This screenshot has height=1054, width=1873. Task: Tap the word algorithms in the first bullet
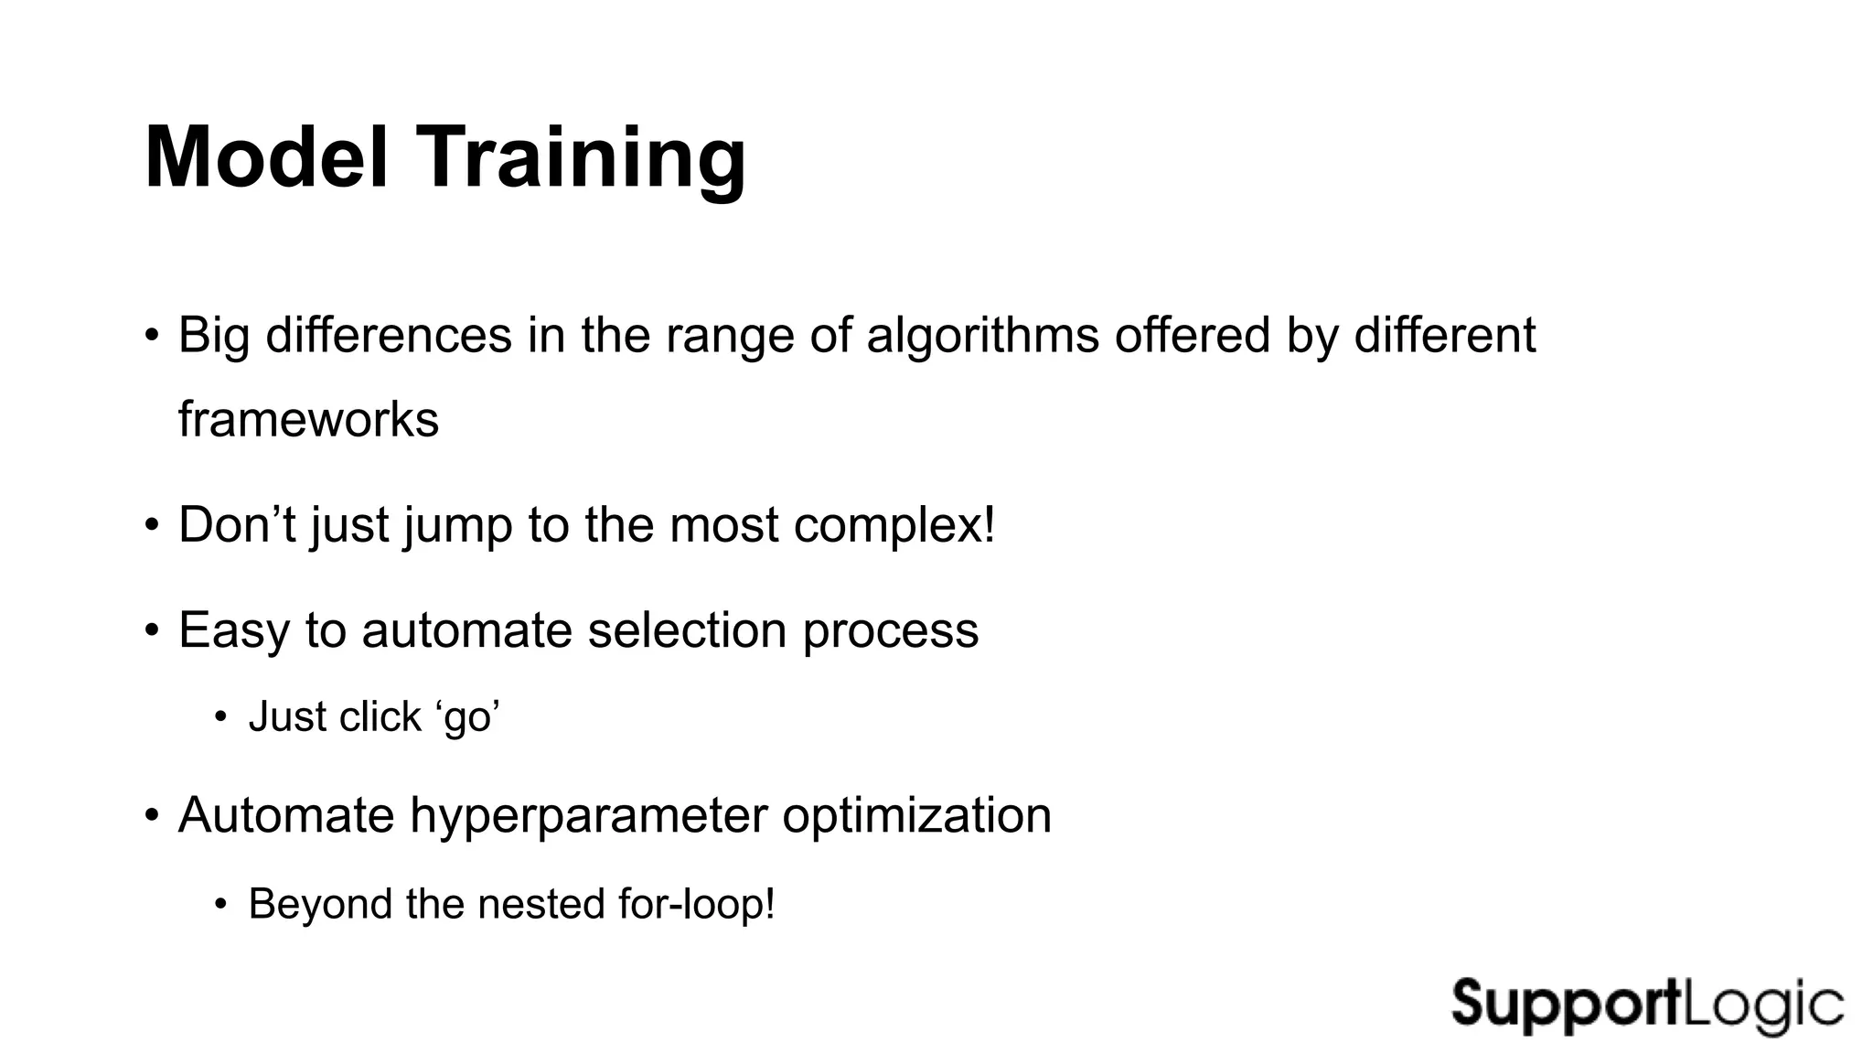[982, 335]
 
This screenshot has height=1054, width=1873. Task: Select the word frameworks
[308, 419]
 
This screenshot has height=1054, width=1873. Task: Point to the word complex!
[894, 525]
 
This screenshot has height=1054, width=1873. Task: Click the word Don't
[236, 525]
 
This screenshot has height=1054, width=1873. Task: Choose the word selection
[687, 630]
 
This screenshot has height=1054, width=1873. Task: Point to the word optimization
[916, 815]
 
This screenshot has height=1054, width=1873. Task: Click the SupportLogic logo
[1647, 1006]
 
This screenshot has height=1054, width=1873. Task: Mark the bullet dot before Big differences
[152, 335]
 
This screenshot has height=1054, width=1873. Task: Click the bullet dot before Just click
[219, 716]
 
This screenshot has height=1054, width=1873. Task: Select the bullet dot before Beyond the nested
[219, 904]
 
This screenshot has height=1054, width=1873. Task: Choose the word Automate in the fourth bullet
[285, 815]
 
